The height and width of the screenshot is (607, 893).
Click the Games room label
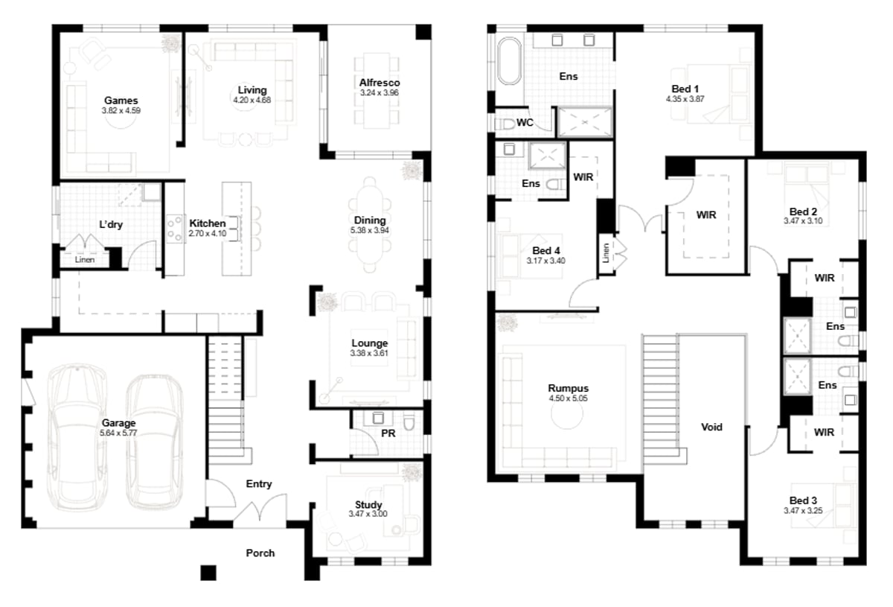(x=121, y=100)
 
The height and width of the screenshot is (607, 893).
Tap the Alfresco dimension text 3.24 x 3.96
(x=380, y=93)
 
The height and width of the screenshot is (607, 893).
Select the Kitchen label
(x=207, y=223)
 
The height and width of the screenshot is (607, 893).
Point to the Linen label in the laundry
(x=84, y=260)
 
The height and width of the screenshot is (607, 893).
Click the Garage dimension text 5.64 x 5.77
(x=119, y=433)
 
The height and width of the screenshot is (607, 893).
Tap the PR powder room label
(x=388, y=432)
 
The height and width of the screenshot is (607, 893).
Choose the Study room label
(x=370, y=505)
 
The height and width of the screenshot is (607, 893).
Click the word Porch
(x=260, y=553)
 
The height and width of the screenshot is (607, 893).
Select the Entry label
(x=259, y=484)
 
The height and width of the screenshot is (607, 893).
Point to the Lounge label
(x=370, y=343)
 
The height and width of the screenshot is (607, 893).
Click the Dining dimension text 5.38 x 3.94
(x=370, y=231)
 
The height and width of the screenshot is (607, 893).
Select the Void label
(x=711, y=428)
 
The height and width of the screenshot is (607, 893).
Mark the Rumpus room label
(x=569, y=388)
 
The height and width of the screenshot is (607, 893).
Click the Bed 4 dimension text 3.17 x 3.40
(x=547, y=261)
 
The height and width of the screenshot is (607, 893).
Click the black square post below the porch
(x=208, y=573)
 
